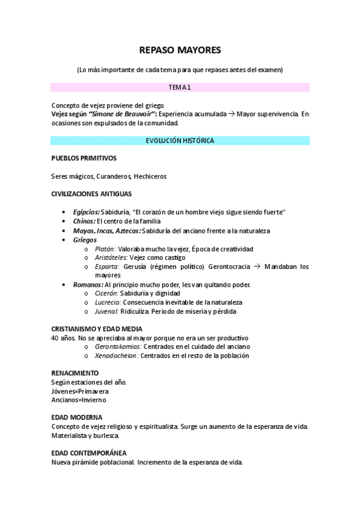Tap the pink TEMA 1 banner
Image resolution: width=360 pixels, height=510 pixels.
click(x=180, y=87)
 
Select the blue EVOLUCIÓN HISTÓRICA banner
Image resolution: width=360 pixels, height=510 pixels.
click(x=180, y=140)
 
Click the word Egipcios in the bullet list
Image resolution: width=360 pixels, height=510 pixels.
click(x=86, y=212)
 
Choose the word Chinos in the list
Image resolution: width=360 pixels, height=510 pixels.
click(x=85, y=221)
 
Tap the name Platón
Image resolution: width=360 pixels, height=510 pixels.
click(x=105, y=249)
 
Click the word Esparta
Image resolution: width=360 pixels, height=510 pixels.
click(x=106, y=266)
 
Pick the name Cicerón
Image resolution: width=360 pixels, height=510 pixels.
click(x=108, y=293)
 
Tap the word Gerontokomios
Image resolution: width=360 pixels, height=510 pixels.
click(x=118, y=346)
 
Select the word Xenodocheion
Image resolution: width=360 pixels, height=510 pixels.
click(x=117, y=355)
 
